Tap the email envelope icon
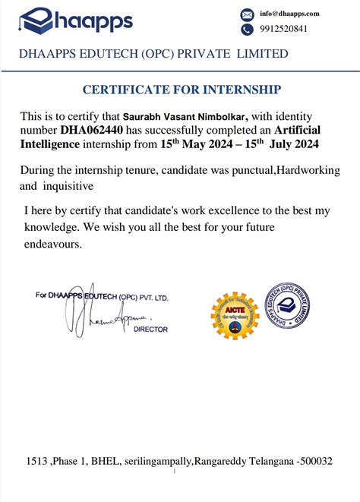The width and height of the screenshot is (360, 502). (247, 14)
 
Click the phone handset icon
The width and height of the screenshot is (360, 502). (247, 30)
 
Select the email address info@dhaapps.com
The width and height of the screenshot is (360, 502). (289, 14)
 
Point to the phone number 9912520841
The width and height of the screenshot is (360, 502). (284, 29)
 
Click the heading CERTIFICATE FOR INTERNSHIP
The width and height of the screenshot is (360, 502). (181, 90)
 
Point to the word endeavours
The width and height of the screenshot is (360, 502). (53, 245)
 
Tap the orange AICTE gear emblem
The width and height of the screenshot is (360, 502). (234, 313)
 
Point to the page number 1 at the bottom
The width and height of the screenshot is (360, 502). (175, 471)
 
